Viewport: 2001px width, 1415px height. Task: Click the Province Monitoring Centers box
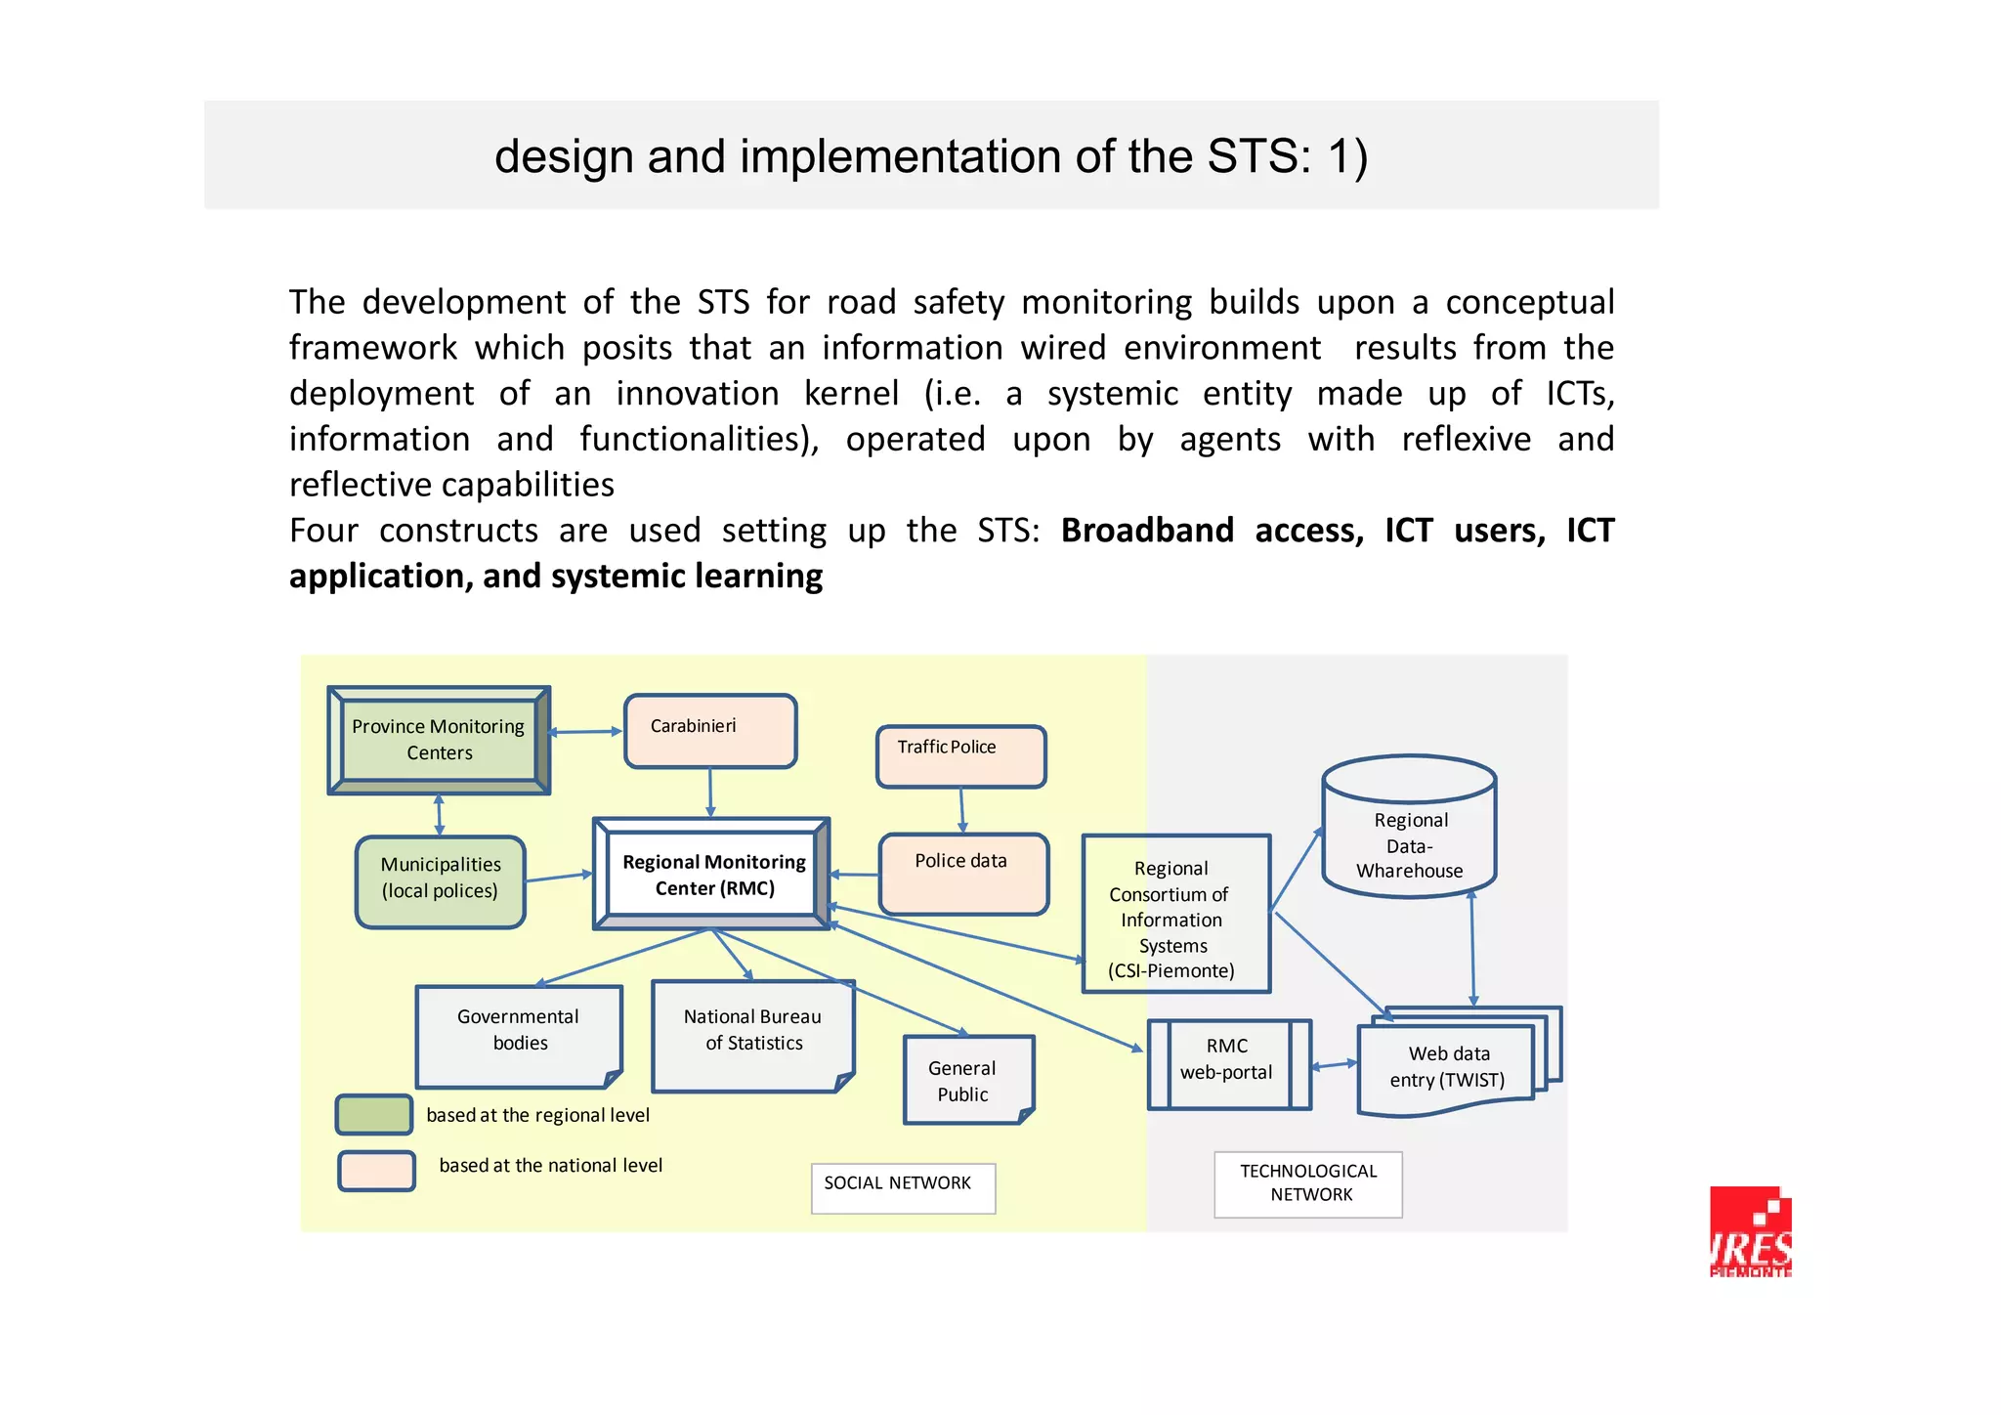pos(439,740)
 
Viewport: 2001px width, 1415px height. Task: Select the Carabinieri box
pos(710,731)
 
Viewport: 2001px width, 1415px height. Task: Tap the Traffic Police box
pos(960,755)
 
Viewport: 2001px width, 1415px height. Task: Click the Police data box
pos(962,874)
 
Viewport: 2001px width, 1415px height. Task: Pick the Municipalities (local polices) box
pos(440,881)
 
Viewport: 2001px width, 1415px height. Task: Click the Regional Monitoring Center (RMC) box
pos(712,875)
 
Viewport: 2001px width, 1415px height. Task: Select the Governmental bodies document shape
pos(518,1035)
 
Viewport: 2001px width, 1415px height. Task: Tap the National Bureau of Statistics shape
pos(752,1035)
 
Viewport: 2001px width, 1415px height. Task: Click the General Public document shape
pos(966,1080)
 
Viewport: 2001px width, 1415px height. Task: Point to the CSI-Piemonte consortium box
pos(1175,915)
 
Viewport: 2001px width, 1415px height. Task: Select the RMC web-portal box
pos(1228,1064)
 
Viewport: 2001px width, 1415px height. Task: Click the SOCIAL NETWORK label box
pos(902,1187)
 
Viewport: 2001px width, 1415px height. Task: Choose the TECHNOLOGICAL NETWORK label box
pos(1307,1183)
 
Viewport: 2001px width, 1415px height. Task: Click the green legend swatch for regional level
pos(374,1114)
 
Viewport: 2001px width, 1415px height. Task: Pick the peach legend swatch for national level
pos(376,1170)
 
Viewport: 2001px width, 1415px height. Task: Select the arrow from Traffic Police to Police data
pos(961,809)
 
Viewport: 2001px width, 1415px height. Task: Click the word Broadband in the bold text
pos(1147,531)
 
